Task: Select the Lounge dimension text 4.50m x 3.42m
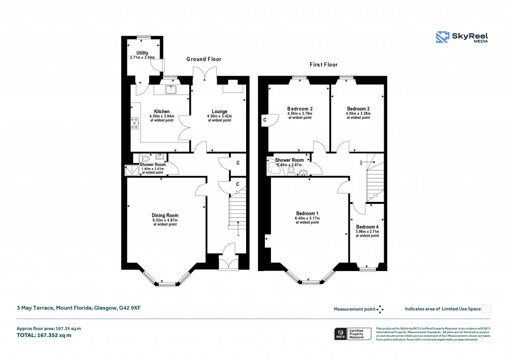pos(219,116)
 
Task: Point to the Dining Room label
pos(165,215)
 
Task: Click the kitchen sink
pos(171,90)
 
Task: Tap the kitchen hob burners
pos(134,123)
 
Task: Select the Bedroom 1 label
pos(307,213)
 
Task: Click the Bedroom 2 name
pos(300,108)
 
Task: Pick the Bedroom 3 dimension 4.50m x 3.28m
pos(358,113)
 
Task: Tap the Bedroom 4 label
pos(367,226)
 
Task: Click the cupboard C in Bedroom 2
pos(265,120)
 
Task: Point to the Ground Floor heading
pos(204,59)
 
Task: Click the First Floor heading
pos(324,65)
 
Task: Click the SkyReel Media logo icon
pos(442,38)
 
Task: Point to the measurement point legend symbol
pos(380,309)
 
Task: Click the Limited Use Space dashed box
pos(487,308)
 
